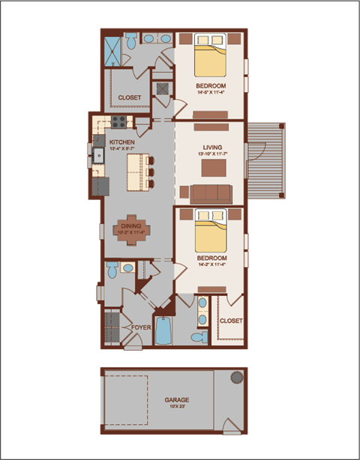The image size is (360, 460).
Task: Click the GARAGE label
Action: point(177,400)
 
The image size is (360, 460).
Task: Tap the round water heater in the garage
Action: point(237,376)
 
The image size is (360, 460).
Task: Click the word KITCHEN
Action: point(121,142)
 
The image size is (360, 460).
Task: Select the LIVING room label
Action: point(211,148)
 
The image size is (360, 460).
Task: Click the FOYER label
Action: point(141,327)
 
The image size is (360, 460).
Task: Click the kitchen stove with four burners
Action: point(119,121)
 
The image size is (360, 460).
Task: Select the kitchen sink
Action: point(98,156)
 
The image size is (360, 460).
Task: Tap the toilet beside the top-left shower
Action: point(131,41)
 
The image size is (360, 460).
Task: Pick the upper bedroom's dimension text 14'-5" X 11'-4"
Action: point(211,94)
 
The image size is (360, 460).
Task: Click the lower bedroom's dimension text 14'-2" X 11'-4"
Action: point(211,264)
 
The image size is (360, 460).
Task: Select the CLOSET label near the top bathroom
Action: point(129,98)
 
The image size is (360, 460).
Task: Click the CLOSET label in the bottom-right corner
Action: point(230,321)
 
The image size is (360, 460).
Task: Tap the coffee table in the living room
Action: point(210,169)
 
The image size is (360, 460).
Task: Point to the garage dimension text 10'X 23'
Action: point(177,408)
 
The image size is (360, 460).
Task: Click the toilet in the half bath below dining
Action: point(127,267)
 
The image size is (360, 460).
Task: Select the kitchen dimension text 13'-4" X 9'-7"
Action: point(121,148)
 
